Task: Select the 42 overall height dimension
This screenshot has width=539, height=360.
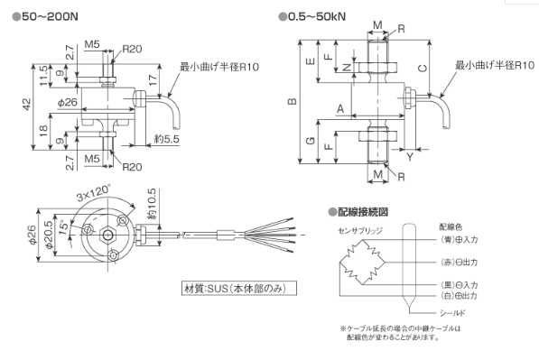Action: tap(27, 105)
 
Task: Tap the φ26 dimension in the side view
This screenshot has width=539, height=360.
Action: tap(68, 102)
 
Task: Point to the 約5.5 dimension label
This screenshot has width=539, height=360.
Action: tap(167, 139)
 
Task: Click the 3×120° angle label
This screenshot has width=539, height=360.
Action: tap(94, 193)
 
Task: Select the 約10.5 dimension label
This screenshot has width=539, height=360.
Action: tap(152, 203)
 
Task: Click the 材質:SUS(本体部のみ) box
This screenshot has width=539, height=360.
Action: tap(239, 288)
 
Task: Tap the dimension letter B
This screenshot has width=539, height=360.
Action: tap(293, 101)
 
